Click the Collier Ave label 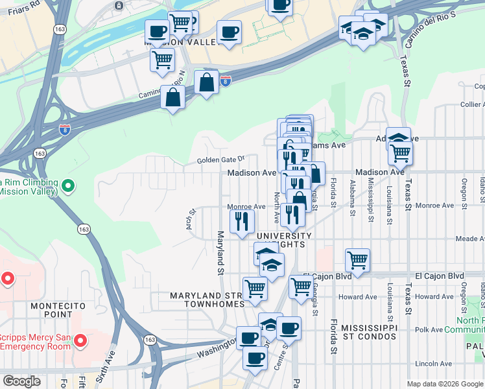coord(471,104)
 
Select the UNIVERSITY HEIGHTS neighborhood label coord(283,240)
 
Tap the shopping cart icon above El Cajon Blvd coord(357,260)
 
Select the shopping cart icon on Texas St coord(400,153)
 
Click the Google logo coord(21,381)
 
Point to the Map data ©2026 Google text coord(445,384)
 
